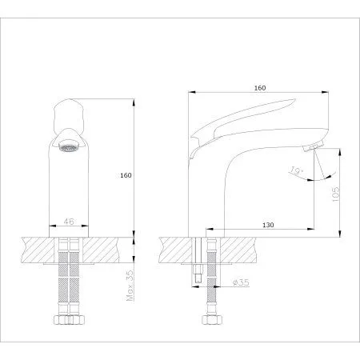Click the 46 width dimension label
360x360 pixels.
tap(69, 222)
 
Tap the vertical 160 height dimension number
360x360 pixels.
tap(126, 175)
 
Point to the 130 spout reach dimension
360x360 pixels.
tap(268, 225)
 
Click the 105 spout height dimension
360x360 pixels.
tap(336, 194)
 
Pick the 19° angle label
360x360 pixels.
tap(295, 170)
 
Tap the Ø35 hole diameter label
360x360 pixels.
tap(241, 282)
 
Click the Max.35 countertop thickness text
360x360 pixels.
tap(130, 286)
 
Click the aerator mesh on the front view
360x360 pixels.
tap(69, 147)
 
